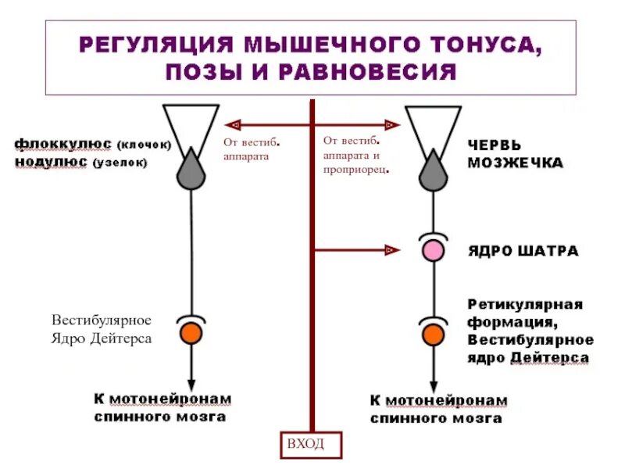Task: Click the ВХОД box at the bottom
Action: point(312,444)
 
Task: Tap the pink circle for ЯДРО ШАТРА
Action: point(432,251)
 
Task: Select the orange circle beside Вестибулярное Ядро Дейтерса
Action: point(191,333)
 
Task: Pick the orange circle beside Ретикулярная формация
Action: point(432,335)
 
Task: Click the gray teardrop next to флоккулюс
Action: point(191,170)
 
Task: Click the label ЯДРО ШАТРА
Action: point(523,252)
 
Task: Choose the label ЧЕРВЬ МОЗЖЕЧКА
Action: point(515,154)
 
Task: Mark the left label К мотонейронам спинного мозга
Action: point(162,407)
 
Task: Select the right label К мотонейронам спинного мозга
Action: point(438,410)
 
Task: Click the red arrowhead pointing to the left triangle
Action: point(230,124)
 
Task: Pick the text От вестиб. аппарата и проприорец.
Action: point(356,155)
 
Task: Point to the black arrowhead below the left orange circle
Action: point(191,376)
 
